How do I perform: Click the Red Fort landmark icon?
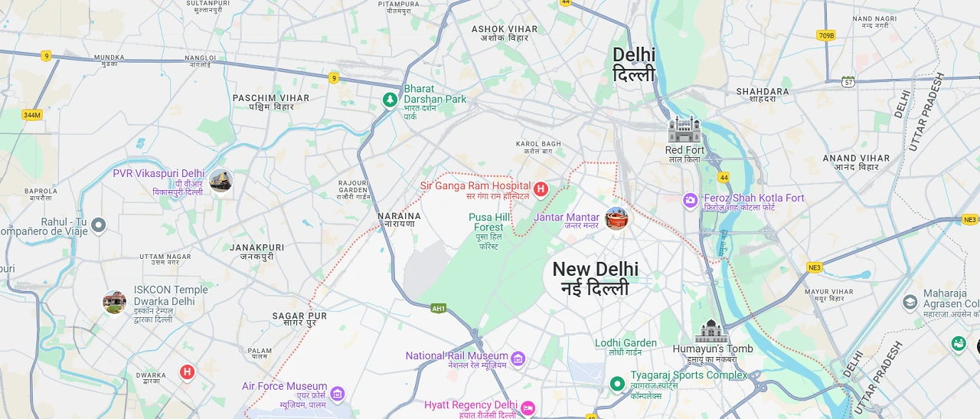(684, 129)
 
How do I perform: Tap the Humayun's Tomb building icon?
(710, 331)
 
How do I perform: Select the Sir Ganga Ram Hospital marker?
(541, 188)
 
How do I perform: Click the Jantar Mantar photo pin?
(616, 218)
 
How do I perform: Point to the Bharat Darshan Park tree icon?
(390, 100)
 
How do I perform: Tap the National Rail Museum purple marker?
(518, 358)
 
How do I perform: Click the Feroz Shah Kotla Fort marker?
(691, 200)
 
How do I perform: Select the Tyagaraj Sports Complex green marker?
(617, 383)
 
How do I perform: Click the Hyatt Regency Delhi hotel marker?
(528, 408)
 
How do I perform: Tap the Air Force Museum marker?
(338, 394)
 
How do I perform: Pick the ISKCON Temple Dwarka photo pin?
(114, 302)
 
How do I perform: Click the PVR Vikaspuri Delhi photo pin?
(220, 181)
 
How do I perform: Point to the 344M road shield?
(31, 115)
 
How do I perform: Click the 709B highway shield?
(825, 35)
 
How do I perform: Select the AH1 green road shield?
(438, 308)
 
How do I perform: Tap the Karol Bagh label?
(538, 144)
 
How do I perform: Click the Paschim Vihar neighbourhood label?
(271, 98)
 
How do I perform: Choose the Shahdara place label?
(763, 92)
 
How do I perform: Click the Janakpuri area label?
(256, 248)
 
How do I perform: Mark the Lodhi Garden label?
(626, 343)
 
